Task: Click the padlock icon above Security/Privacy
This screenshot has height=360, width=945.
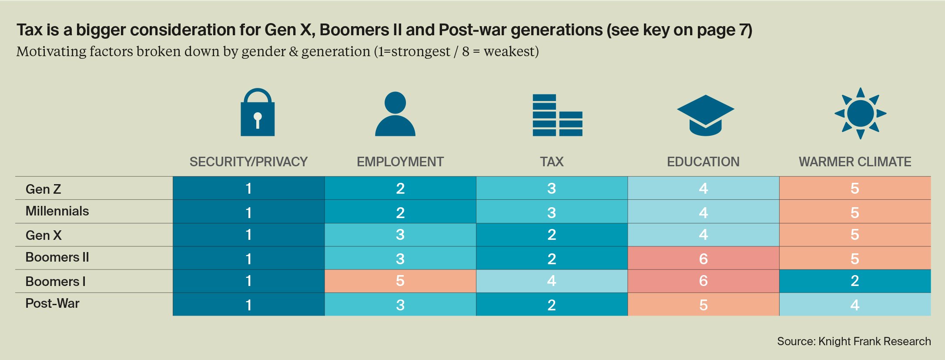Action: [x=258, y=113]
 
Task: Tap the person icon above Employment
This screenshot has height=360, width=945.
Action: [x=395, y=114]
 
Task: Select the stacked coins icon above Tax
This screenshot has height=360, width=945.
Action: [x=557, y=115]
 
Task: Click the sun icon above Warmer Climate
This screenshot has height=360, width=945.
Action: [x=860, y=114]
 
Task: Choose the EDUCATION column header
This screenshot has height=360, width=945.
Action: [x=703, y=162]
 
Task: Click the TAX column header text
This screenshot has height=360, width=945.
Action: [x=552, y=162]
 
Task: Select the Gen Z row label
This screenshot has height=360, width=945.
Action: [x=44, y=189]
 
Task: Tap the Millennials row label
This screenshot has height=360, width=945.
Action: [x=57, y=211]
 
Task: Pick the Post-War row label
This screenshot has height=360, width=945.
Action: [x=52, y=303]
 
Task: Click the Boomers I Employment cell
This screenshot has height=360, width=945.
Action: [x=400, y=281]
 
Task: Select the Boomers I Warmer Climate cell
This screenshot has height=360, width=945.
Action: [x=855, y=281]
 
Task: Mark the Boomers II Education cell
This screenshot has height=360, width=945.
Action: [x=703, y=258]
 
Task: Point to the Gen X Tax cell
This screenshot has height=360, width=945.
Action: [x=552, y=235]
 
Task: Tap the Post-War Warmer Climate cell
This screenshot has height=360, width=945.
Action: [x=855, y=304]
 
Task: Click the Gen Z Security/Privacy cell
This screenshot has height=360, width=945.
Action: [x=248, y=188]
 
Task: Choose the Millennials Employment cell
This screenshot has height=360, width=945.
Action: [x=400, y=212]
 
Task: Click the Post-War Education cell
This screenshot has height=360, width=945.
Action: [x=703, y=304]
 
